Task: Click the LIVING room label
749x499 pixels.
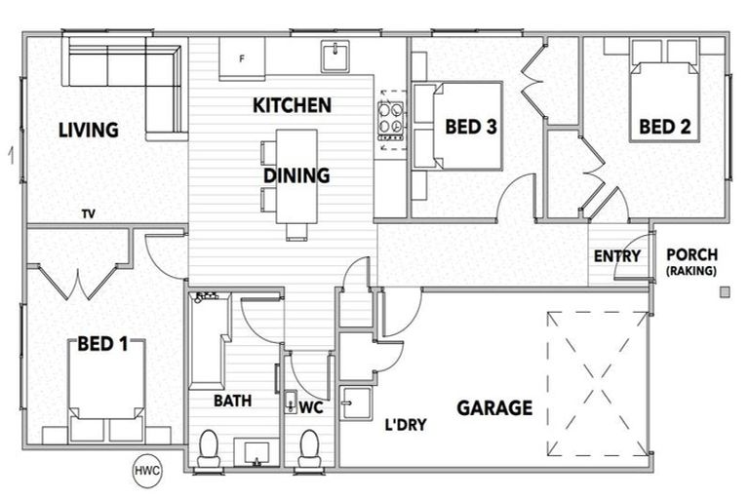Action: coord(88,130)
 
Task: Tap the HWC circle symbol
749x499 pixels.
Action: coord(147,472)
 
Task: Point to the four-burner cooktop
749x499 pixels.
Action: coord(391,125)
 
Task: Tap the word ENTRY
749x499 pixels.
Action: coord(617,256)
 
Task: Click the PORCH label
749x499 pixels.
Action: coord(691,255)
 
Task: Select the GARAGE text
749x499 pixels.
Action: coord(495,407)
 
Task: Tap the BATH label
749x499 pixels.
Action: coord(233,401)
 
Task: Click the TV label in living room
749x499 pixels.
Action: coord(88,214)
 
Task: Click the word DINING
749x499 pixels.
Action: coord(296,176)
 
